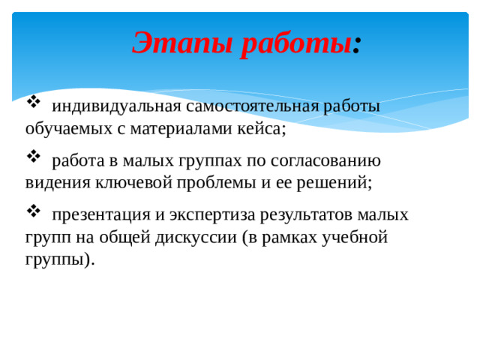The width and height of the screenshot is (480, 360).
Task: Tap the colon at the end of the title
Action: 358,43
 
